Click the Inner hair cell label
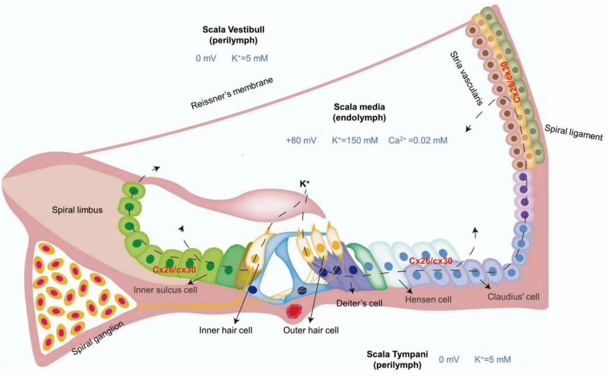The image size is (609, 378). coord(226,330)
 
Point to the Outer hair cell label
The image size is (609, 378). coord(311,330)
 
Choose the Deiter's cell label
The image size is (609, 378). coord(359,303)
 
